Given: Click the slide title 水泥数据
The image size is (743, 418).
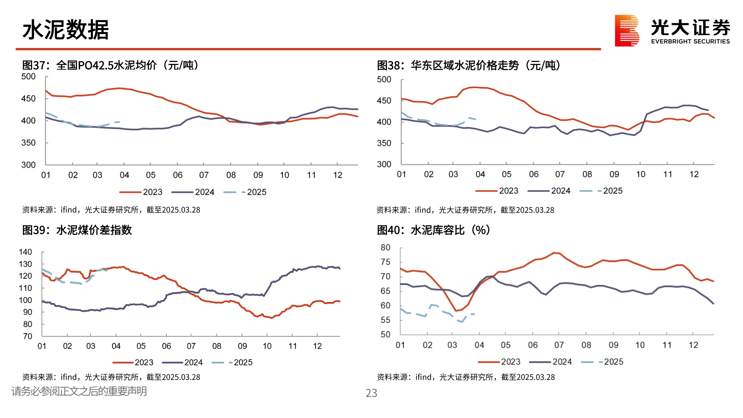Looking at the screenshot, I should pyautogui.click(x=65, y=30).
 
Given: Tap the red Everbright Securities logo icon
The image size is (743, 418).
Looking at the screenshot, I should pyautogui.click(x=627, y=31).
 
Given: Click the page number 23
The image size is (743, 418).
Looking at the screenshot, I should pyautogui.click(x=371, y=393).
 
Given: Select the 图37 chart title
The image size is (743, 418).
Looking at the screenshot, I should pyautogui.click(x=111, y=65).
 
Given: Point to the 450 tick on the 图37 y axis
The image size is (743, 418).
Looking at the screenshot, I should pyautogui.click(x=28, y=99).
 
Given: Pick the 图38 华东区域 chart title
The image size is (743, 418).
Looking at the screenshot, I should pyautogui.click(x=468, y=65).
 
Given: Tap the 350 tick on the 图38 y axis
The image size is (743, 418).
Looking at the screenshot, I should pyautogui.click(x=384, y=143).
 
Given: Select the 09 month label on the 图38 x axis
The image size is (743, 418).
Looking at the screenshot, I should pyautogui.click(x=614, y=174).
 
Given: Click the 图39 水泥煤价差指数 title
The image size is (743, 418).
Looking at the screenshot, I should pyautogui.click(x=77, y=230).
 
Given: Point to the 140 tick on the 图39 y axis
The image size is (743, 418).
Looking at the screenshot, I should pyautogui.click(x=26, y=252).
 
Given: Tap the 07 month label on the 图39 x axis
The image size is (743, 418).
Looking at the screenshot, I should pyautogui.click(x=191, y=346).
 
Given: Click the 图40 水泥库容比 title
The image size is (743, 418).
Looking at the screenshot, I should pyautogui.click(x=433, y=230).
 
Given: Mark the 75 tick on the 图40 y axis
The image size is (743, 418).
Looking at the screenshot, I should pyautogui.click(x=385, y=262).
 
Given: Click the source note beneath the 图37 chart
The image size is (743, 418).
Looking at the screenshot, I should pyautogui.click(x=111, y=210).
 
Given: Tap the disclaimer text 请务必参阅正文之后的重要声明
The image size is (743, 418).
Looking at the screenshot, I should pyautogui.click(x=79, y=391).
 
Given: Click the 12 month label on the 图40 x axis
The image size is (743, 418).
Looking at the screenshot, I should pyautogui.click(x=693, y=345).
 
